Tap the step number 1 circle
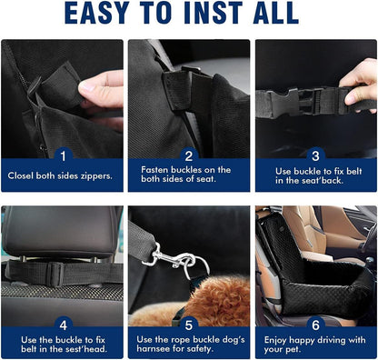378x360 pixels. pos(62,156)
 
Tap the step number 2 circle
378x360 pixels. pos(190,156)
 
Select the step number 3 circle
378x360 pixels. pos(315,156)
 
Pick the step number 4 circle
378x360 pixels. pos(62,323)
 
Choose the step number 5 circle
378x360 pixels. pos(190,323)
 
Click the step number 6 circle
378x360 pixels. pos(315,323)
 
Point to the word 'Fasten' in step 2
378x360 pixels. pos(155,169)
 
